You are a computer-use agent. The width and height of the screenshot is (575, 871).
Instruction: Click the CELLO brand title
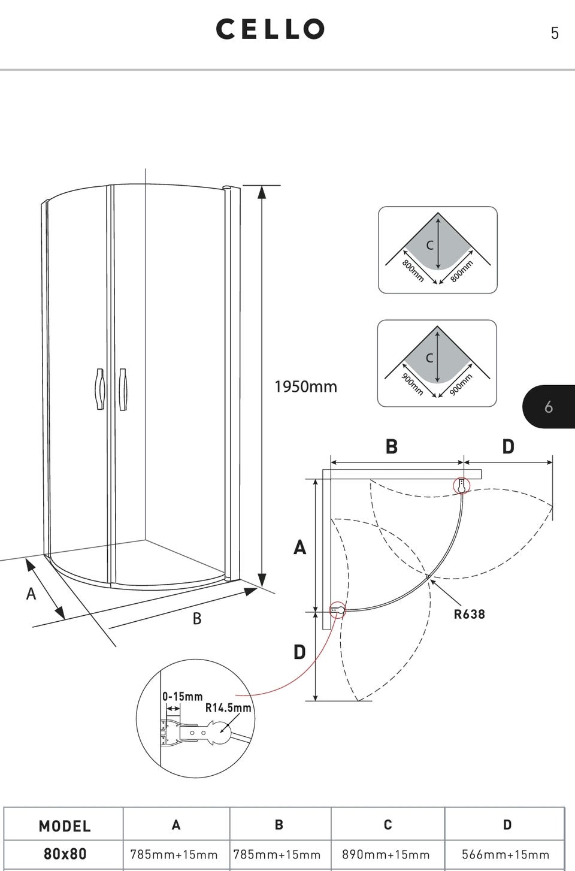tap(270, 29)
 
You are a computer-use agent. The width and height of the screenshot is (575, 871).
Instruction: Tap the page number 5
tap(555, 34)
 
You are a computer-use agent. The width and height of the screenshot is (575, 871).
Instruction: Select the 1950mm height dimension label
tap(305, 387)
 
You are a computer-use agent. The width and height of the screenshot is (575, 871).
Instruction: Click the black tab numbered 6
tap(548, 407)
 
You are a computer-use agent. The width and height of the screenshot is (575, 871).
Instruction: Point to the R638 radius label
tap(469, 614)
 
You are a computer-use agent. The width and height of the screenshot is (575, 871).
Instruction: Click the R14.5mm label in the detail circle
tap(228, 707)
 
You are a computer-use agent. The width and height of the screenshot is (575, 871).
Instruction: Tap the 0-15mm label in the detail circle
tap(183, 697)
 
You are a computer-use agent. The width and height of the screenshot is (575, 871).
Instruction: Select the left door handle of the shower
tap(99, 389)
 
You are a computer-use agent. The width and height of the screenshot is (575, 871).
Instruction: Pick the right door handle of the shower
tap(123, 389)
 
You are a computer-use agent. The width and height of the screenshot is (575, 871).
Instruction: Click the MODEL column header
tap(64, 827)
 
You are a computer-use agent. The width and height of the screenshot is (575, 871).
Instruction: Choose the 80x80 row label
tap(64, 854)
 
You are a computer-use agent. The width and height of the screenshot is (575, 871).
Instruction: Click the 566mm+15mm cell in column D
tap(506, 855)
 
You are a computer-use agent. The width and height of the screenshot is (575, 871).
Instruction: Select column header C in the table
tap(388, 825)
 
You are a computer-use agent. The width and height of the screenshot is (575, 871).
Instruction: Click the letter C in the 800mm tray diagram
tap(429, 245)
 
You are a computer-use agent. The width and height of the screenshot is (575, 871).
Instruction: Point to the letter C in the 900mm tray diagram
tap(429, 358)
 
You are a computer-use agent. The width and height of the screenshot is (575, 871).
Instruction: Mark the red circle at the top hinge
tap(461, 485)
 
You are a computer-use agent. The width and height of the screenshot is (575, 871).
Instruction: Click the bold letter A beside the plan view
tap(299, 547)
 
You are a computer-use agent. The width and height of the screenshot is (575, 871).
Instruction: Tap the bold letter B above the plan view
tap(392, 447)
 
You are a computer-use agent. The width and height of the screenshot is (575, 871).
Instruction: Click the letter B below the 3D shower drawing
tap(197, 619)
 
